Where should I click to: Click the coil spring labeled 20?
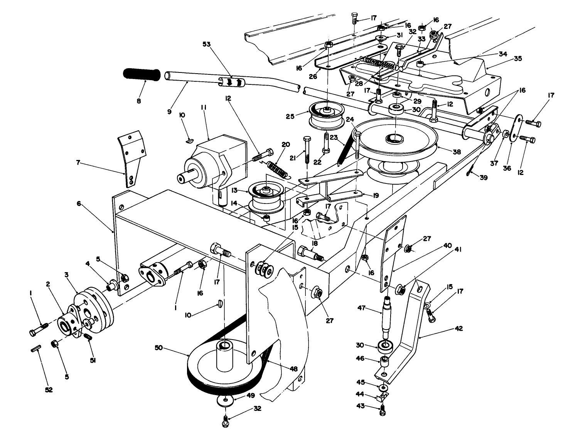pyautogui.click(x=278, y=170)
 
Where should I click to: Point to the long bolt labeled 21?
pyautogui.click(x=306, y=150)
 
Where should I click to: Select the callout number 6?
pyautogui.click(x=78, y=204)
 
